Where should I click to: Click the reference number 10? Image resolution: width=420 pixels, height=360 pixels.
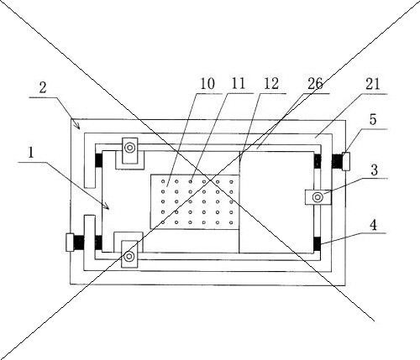click(x=207, y=84)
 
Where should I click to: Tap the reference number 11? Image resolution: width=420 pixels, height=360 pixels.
click(x=239, y=83)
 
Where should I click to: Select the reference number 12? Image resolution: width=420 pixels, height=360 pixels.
click(x=271, y=84)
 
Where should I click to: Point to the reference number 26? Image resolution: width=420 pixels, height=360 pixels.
click(x=315, y=84)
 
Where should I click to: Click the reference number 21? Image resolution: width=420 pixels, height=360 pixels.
click(x=372, y=84)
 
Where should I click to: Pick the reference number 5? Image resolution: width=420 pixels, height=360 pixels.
click(x=373, y=119)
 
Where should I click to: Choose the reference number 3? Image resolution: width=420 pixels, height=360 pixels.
click(x=375, y=170)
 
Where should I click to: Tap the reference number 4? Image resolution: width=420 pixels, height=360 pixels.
click(x=373, y=225)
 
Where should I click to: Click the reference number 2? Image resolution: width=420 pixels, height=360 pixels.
click(x=43, y=87)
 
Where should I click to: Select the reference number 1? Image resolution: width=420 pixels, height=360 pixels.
click(x=31, y=153)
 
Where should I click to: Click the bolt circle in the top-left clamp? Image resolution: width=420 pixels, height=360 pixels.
click(x=129, y=148)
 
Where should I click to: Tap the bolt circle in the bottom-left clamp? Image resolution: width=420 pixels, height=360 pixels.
click(x=129, y=256)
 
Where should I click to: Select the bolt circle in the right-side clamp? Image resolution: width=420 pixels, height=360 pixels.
click(x=318, y=197)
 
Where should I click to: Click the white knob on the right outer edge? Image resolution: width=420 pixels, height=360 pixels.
click(x=346, y=161)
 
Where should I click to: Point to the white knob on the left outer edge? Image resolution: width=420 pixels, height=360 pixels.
click(x=70, y=243)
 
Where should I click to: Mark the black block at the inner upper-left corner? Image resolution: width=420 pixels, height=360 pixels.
click(x=99, y=160)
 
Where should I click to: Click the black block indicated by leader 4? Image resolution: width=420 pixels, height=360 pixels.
click(x=317, y=243)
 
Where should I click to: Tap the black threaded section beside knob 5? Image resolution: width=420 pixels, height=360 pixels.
click(x=338, y=161)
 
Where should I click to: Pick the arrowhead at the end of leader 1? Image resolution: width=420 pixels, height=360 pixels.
click(x=107, y=206)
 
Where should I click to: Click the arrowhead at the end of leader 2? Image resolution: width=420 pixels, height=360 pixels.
click(x=78, y=127)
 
